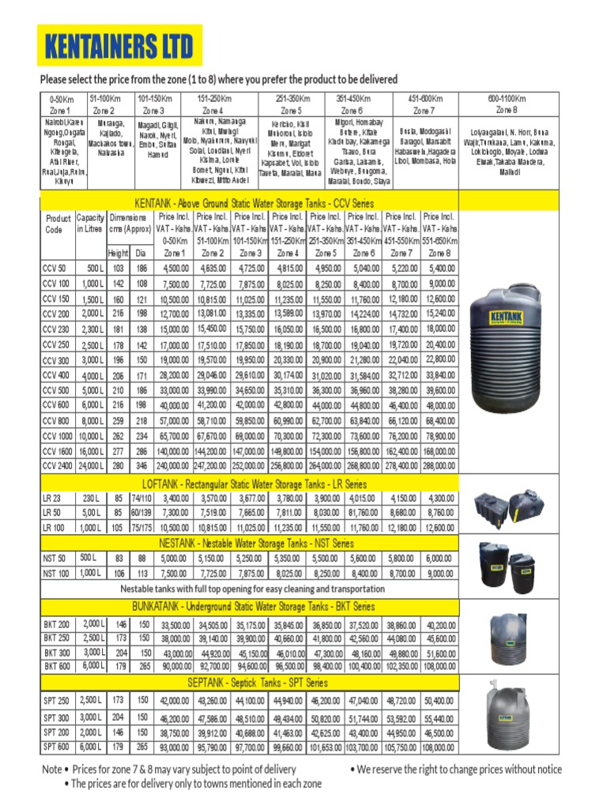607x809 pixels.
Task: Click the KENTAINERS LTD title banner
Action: coord(119,47)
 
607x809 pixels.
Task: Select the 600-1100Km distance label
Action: coord(507,99)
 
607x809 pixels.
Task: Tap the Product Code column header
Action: coord(58,224)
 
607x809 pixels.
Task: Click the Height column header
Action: coord(119,253)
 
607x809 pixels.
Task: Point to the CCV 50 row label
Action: coord(55,269)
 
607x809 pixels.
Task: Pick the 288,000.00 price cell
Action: coord(439,467)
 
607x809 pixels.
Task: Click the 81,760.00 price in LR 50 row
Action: coord(364,513)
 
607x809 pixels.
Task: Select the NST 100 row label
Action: coord(56,573)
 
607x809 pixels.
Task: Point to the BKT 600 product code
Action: coord(56,666)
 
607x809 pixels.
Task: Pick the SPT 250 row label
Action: coord(56,701)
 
